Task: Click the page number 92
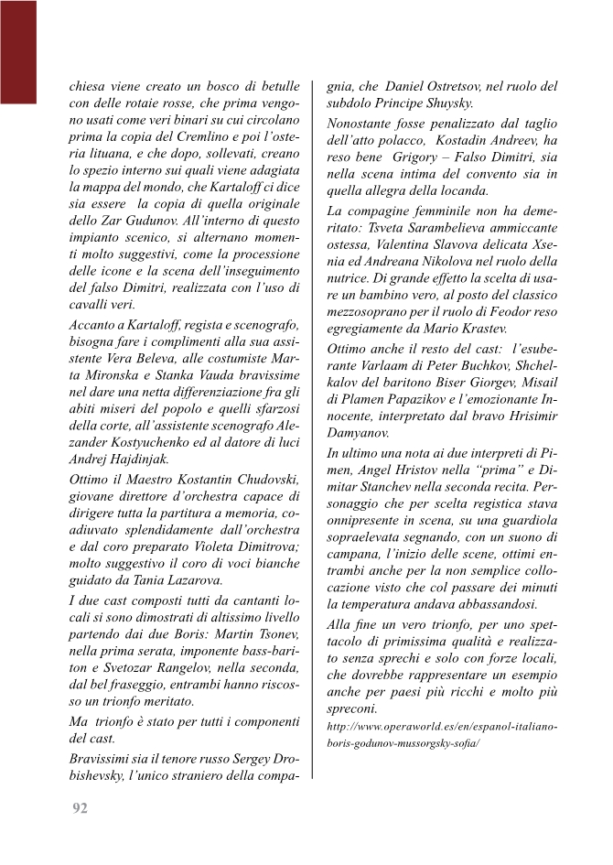pyautogui.click(x=80, y=808)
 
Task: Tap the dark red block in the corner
pyautogui.click(x=17, y=50)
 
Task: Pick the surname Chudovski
pyautogui.click(x=263, y=480)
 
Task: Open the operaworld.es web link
pyautogui.click(x=442, y=735)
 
